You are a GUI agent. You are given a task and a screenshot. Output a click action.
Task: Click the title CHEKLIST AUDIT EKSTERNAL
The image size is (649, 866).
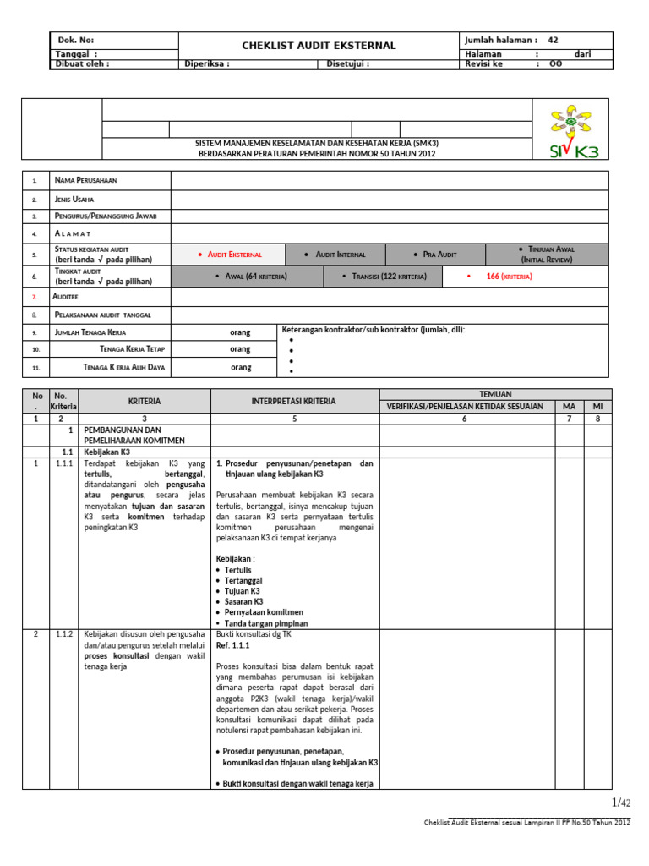[x=319, y=45]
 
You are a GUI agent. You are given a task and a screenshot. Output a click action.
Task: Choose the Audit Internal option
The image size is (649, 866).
[x=337, y=255]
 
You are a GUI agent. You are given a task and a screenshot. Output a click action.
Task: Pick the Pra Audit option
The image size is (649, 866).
[x=435, y=255]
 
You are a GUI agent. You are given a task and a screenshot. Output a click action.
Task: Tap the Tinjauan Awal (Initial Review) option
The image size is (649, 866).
[x=546, y=255]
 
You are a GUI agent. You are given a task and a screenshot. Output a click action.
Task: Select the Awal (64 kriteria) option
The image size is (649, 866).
[x=251, y=277]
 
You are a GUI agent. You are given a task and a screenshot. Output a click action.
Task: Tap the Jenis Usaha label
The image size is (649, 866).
[x=74, y=199]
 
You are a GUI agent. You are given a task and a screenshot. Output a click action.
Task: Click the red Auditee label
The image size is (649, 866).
[x=67, y=298]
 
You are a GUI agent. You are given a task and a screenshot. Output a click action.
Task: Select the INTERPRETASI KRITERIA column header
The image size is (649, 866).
[x=294, y=401]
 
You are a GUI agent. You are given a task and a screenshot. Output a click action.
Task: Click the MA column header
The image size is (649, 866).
[x=569, y=407]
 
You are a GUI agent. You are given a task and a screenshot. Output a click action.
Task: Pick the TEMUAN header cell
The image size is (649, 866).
[x=494, y=394]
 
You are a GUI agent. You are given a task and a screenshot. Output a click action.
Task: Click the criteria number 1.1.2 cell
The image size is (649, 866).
[x=63, y=634]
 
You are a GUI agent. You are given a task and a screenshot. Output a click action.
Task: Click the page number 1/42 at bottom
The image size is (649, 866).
[x=620, y=803]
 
